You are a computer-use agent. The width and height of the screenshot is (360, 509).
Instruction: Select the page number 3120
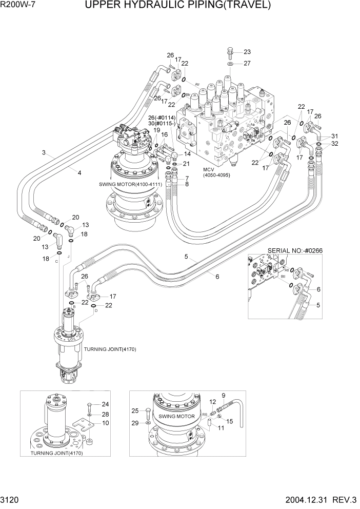click(12, 499)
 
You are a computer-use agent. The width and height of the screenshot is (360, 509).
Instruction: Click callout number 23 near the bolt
click(247, 52)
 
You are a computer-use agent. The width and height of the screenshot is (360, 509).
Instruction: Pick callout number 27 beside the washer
click(247, 64)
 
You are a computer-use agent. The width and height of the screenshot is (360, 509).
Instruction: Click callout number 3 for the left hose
click(44, 153)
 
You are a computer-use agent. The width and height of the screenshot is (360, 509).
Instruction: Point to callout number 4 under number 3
click(79, 173)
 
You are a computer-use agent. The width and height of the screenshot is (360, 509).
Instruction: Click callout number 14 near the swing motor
click(187, 153)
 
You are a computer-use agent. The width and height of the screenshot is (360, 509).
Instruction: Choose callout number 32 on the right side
click(335, 144)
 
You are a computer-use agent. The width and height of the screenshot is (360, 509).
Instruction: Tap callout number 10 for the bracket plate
click(106, 423)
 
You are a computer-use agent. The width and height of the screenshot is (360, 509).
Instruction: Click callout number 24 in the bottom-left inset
click(105, 404)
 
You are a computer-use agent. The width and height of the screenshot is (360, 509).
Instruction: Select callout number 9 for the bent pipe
click(224, 395)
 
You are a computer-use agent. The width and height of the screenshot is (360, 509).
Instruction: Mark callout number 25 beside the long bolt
click(135, 410)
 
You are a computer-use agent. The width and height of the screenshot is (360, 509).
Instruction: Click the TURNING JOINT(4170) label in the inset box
click(56, 453)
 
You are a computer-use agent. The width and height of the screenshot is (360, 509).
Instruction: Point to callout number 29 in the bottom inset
click(135, 422)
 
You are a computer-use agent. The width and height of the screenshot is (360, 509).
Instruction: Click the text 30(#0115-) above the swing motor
click(162, 124)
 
